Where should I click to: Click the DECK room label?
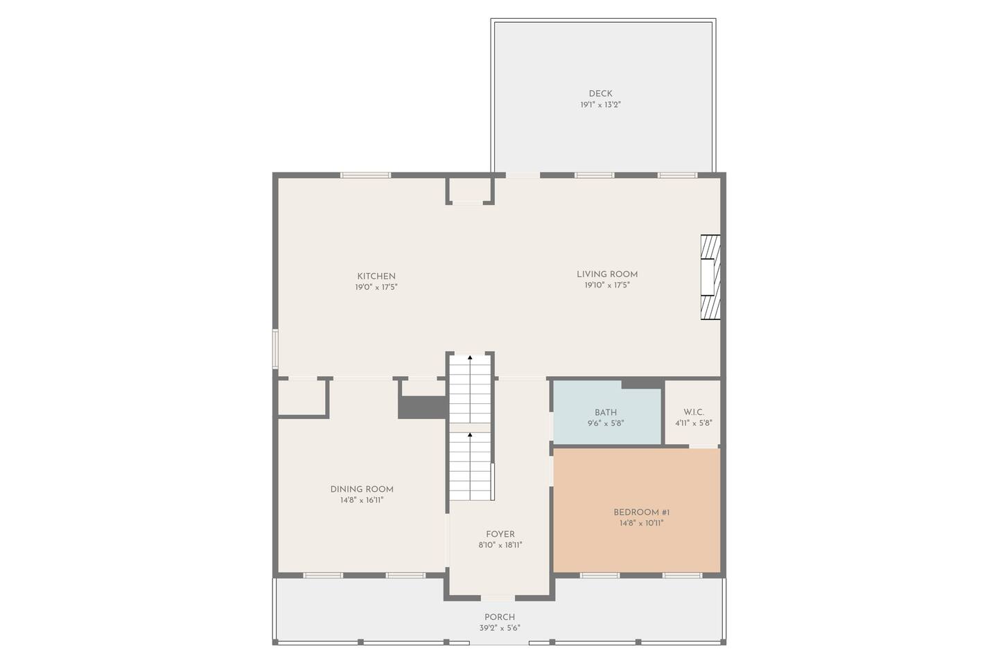tap(600, 94)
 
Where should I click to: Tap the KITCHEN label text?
tap(376, 276)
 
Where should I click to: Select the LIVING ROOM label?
tap(607, 274)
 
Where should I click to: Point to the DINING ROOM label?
tap(361, 489)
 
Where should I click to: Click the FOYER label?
tap(500, 534)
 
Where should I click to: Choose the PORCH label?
tap(500, 617)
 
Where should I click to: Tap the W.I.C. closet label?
tap(694, 412)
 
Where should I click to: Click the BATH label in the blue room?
tap(606, 412)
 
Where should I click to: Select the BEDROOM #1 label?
tap(641, 512)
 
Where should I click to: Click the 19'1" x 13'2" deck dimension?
tap(600, 105)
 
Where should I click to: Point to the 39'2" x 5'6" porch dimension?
tap(500, 628)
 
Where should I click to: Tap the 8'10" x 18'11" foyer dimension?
tap(500, 544)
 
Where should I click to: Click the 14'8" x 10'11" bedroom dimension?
tap(641, 524)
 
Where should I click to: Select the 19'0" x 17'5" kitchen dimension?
tap(376, 287)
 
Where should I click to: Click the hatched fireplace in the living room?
tap(710, 277)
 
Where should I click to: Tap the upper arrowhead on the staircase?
tap(470, 357)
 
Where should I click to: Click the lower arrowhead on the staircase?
tap(470, 434)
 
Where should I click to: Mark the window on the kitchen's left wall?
tap(275, 348)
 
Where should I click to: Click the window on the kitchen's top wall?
tap(365, 175)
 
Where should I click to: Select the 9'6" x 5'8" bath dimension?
tap(606, 423)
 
